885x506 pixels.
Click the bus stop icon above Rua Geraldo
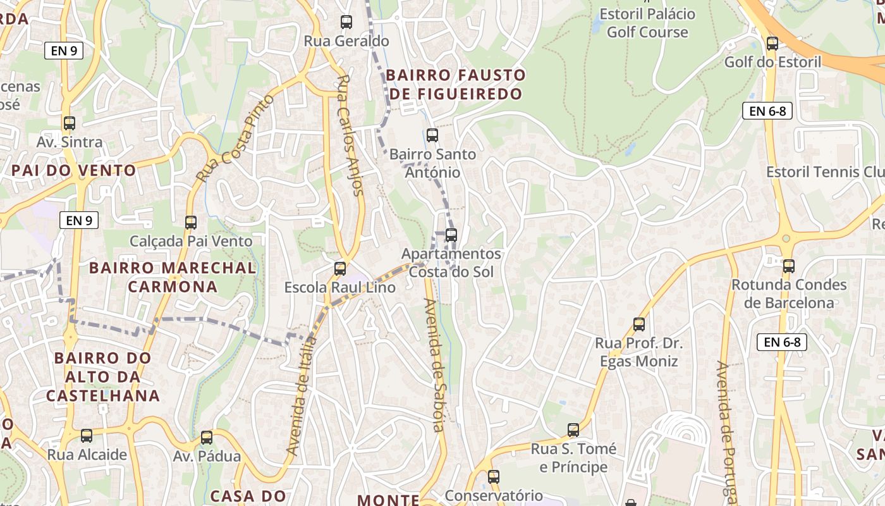click(346, 22)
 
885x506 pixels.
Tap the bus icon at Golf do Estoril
click(772, 44)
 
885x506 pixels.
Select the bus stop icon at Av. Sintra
click(70, 123)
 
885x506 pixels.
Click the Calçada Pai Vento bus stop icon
click(191, 223)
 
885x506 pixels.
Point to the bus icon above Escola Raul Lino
click(340, 269)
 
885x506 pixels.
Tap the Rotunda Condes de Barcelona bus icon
click(788, 266)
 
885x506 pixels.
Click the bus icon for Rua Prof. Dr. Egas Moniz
click(639, 324)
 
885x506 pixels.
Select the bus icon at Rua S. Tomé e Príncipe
click(573, 430)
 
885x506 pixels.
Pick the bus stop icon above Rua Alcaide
click(87, 436)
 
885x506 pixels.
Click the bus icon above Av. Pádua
click(207, 438)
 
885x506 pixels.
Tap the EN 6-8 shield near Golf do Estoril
click(767, 111)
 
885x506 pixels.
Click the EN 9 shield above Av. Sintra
click(64, 51)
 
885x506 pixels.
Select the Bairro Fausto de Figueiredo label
click(455, 84)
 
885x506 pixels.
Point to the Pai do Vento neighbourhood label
click(73, 170)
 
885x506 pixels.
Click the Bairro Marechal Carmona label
click(173, 277)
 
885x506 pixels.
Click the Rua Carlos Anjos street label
click(350, 135)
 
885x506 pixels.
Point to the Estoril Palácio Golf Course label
click(647, 23)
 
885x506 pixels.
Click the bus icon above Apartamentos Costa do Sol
click(451, 235)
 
